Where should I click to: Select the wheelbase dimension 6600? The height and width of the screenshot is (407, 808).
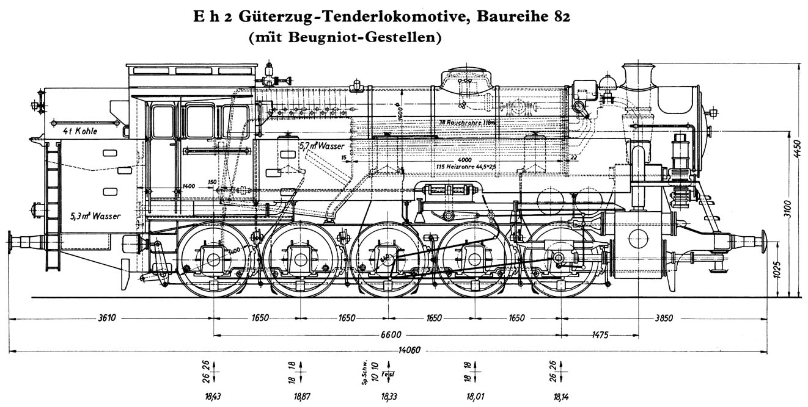[x=391, y=334]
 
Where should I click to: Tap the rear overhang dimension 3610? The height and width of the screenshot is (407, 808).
[x=107, y=318]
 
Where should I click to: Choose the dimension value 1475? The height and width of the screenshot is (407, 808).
[x=601, y=334]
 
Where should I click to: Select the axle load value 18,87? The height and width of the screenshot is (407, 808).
[x=301, y=396]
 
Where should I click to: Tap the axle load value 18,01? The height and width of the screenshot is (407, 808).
[x=474, y=396]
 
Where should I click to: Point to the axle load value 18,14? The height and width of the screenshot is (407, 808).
[x=561, y=396]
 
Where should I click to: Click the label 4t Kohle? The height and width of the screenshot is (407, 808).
[x=83, y=131]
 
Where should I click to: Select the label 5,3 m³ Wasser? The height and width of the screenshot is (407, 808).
[x=92, y=215]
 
